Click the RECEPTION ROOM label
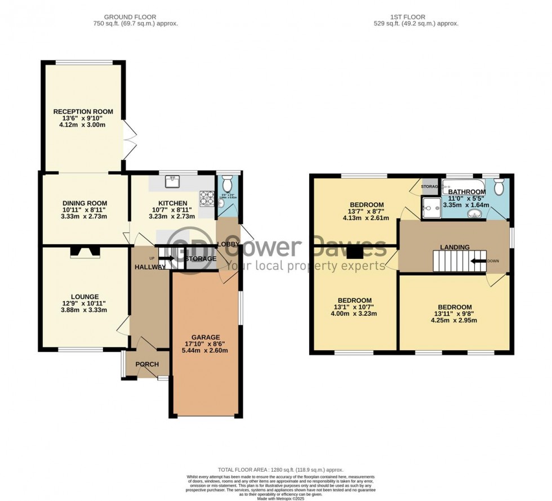point(83,112)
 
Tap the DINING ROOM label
point(84,203)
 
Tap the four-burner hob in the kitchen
point(207,198)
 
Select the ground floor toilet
point(226,184)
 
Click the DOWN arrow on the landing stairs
point(480,261)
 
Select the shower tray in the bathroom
point(431,208)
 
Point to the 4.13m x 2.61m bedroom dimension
point(367,218)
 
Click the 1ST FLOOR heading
point(416,17)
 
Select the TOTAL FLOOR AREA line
point(280,469)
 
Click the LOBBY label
point(228,244)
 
